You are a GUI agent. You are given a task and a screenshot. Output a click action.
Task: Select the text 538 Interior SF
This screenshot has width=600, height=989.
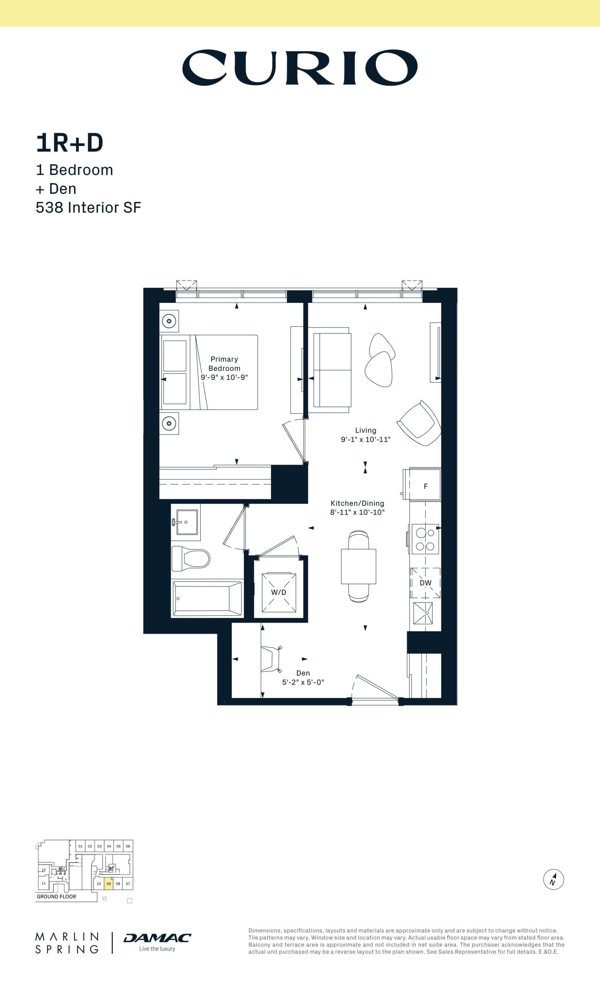point(88,207)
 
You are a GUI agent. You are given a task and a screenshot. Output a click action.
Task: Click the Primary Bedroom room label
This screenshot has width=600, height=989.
point(224,364)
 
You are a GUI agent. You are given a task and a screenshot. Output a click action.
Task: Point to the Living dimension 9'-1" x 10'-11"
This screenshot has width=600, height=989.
point(365,440)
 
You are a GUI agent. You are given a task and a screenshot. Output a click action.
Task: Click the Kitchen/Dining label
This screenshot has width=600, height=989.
point(357,503)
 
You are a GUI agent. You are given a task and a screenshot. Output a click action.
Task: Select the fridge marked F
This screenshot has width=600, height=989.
point(425,486)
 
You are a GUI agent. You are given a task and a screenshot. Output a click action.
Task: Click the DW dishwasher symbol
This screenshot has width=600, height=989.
point(425,583)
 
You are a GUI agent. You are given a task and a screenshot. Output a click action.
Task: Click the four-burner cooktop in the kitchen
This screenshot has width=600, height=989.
point(425,539)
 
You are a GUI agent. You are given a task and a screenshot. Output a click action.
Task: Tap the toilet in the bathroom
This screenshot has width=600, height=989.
point(191,558)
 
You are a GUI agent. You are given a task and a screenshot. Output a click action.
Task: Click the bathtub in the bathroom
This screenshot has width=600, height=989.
point(207,598)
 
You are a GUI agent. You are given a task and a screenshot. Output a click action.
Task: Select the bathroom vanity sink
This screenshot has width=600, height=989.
point(186,522)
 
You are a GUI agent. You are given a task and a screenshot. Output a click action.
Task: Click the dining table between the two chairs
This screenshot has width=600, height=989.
point(358,566)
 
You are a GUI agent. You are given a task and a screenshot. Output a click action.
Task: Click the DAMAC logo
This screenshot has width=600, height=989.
point(157,938)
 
